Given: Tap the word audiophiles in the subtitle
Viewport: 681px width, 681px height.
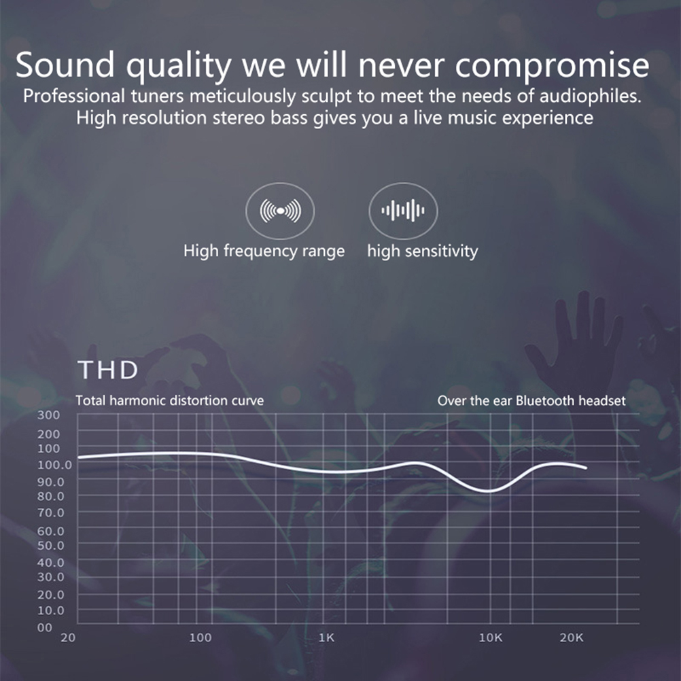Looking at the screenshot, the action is point(590,96).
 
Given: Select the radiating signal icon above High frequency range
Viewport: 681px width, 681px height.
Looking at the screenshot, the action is point(280,211).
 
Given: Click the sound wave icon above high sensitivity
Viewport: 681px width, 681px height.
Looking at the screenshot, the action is point(403,211).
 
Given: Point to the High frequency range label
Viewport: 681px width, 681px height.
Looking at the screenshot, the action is point(264,251).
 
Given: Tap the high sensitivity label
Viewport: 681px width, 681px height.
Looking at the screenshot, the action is point(423,251).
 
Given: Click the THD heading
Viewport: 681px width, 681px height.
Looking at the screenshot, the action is point(107,370).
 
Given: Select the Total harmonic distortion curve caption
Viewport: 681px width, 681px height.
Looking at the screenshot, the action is point(170,400).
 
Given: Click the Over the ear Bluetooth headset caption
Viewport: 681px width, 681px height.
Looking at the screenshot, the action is point(531,400).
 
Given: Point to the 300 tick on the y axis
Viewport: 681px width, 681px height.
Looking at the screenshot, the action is point(49,415).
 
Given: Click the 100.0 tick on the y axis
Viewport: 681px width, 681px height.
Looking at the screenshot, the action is point(55,465).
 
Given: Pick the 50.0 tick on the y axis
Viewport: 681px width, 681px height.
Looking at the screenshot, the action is point(51,546).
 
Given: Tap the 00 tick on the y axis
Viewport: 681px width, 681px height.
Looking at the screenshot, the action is point(45,627).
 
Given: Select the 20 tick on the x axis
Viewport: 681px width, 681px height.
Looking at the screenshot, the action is point(68,638).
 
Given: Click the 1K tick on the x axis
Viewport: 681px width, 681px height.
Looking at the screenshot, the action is point(327,638).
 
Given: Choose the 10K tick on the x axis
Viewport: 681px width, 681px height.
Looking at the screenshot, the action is point(491,638).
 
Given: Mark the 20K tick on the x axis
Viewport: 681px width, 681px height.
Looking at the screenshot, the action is point(572,638).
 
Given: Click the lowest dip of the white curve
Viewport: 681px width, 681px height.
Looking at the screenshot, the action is point(489,491).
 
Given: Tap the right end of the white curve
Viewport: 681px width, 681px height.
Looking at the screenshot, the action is point(586,468).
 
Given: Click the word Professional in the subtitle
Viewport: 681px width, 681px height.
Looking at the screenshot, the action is point(74,96).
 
